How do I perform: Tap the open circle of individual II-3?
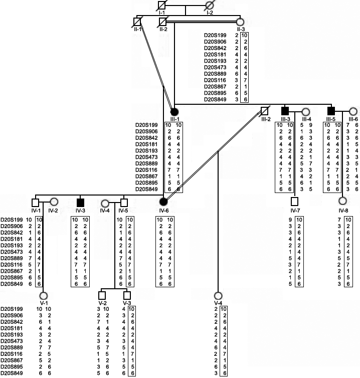pos(240,22)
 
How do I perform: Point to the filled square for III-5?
pos(331,111)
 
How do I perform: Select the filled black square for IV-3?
pos(80,203)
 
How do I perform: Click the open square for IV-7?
pos(294,202)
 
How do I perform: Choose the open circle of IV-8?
pos(342,202)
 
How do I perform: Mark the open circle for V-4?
pos(218,295)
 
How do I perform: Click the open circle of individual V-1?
pos(43,295)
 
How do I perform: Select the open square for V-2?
pos(102,295)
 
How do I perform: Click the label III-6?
pos(353,118)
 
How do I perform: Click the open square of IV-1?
pos(35,203)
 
